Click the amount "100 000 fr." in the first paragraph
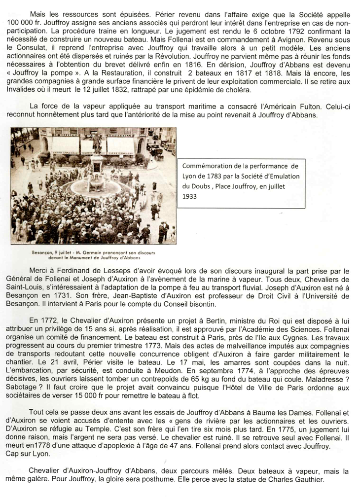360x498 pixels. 23,23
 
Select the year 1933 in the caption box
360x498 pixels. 189,196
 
